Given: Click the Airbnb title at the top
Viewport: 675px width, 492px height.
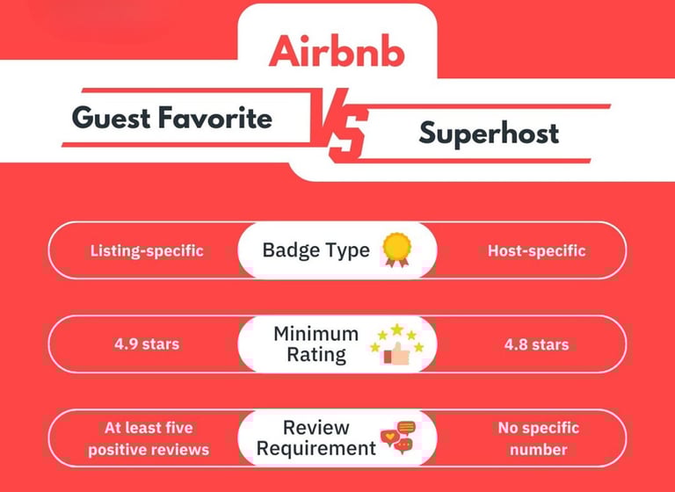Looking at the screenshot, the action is pyautogui.click(x=337, y=51).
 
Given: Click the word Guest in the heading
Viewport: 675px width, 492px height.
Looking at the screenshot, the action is pyautogui.click(x=112, y=118).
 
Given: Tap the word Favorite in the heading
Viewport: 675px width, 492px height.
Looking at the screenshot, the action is pyautogui.click(x=215, y=118).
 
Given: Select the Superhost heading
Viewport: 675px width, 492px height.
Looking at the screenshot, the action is pyautogui.click(x=489, y=134).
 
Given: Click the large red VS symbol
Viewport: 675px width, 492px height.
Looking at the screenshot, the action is pyautogui.click(x=340, y=125).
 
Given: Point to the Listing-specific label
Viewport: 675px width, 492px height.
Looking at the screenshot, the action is pyautogui.click(x=147, y=250).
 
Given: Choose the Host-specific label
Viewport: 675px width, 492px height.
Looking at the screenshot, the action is pyautogui.click(x=537, y=250).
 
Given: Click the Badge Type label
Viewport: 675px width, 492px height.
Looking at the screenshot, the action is pyautogui.click(x=316, y=250).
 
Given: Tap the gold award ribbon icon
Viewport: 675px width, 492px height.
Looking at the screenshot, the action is pyautogui.click(x=397, y=250).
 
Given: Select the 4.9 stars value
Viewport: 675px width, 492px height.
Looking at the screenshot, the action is pyautogui.click(x=147, y=344).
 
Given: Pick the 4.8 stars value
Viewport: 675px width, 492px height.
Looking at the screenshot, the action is pyautogui.click(x=537, y=344).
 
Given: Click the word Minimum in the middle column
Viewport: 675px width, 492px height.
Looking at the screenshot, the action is pyautogui.click(x=316, y=334).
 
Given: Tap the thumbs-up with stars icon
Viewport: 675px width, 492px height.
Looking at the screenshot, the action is pyautogui.click(x=397, y=344).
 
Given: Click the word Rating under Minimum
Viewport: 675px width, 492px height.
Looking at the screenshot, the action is pyautogui.click(x=316, y=355).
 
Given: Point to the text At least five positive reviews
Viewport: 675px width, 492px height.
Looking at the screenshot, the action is pyautogui.click(x=149, y=438).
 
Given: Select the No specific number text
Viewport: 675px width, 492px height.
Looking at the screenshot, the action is pyautogui.click(x=539, y=438).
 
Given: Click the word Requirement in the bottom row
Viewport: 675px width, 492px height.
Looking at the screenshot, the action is pyautogui.click(x=316, y=449).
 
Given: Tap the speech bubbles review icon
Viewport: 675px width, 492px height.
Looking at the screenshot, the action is pyautogui.click(x=398, y=438).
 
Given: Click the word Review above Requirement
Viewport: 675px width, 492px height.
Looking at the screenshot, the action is pyautogui.click(x=316, y=428).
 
